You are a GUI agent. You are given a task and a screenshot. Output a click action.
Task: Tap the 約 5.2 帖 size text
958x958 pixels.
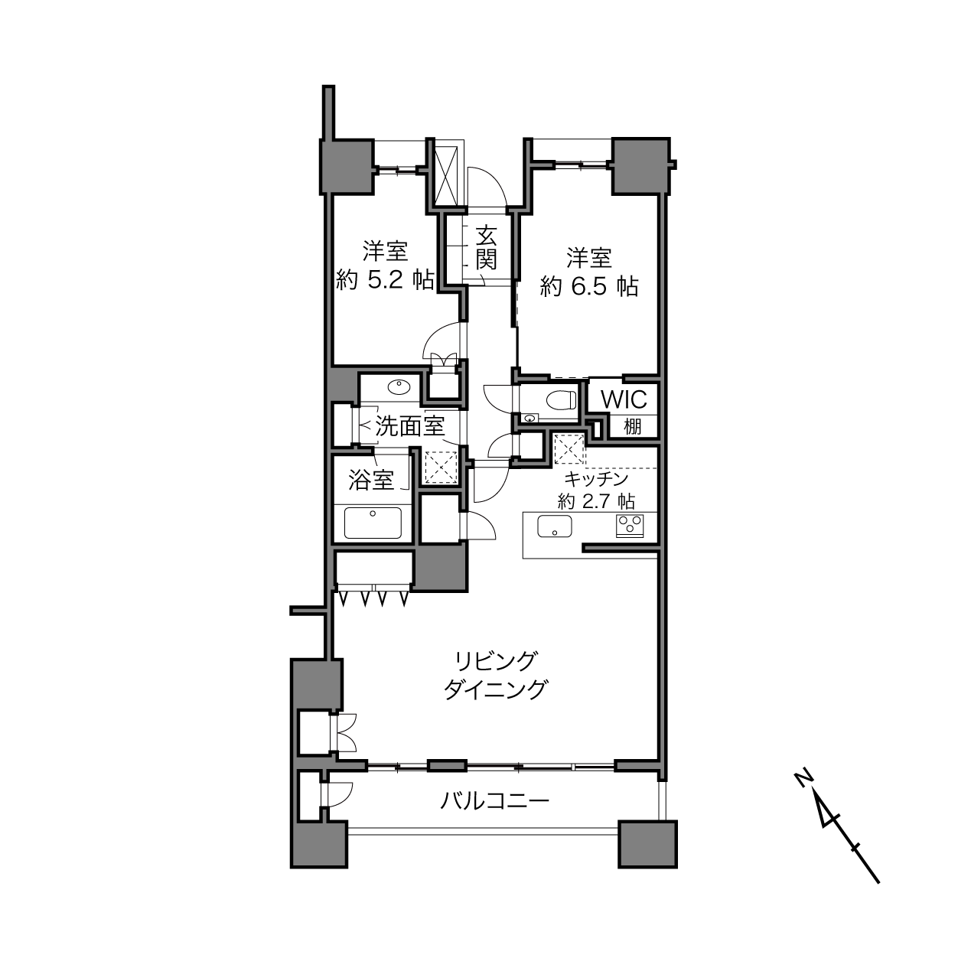pos(385,282)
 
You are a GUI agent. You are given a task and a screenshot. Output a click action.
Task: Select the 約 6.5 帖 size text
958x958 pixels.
pos(589,288)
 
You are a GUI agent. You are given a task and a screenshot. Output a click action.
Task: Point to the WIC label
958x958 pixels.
pos(624,399)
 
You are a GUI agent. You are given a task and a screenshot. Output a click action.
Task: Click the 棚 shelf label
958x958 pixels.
pos(632,426)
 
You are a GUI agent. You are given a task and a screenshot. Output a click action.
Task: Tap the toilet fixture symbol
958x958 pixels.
pos(562,399)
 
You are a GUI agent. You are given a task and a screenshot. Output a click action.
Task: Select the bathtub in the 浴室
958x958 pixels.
pos(373,523)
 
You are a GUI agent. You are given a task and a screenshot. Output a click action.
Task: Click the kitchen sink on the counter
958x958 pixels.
pos(554,526)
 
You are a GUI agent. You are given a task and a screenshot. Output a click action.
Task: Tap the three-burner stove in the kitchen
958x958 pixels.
pos(630,526)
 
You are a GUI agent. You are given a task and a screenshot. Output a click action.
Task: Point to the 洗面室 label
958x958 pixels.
pos(409,426)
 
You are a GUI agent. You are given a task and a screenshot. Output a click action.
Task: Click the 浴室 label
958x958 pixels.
pos(371,480)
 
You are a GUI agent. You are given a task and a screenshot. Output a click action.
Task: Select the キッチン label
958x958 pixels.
pos(596,479)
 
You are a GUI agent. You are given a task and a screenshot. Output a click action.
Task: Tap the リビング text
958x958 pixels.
pos(495,660)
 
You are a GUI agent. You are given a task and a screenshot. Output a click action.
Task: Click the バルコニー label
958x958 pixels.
pos(495,801)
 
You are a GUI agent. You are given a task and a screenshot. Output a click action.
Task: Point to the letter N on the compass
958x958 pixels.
pos(803,778)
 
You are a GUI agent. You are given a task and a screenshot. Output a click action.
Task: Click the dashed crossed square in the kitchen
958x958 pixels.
pos(569,449)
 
